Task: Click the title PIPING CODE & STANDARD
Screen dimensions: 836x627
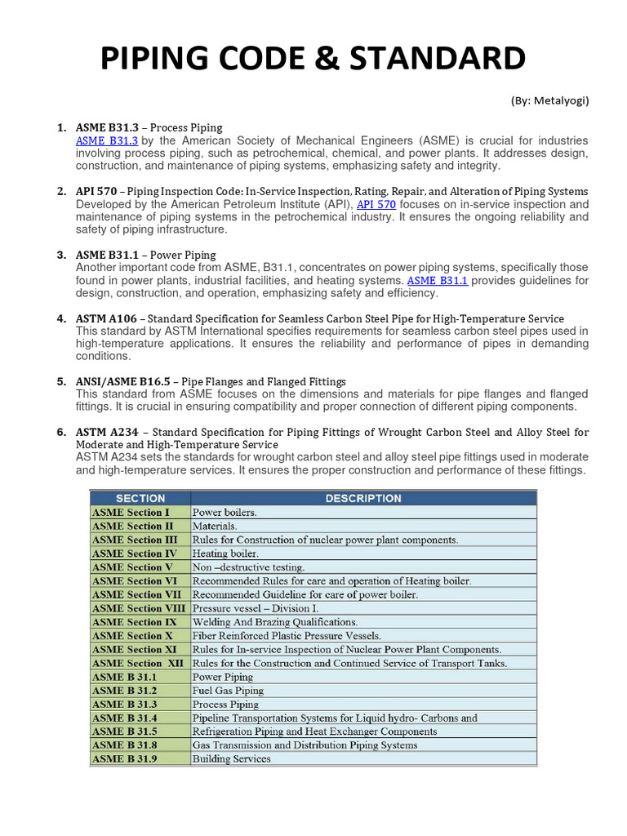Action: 313,60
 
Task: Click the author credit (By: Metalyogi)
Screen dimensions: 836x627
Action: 549,100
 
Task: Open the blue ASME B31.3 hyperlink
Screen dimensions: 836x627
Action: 107,141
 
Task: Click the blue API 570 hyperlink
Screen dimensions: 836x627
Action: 376,204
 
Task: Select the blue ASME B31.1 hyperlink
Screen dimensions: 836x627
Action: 437,280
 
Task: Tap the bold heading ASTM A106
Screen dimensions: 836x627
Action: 107,318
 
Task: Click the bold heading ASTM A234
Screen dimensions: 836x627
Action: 107,432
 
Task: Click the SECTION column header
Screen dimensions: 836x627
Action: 140,498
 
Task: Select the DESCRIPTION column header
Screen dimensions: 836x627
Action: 363,498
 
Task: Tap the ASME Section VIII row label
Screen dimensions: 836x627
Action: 139,608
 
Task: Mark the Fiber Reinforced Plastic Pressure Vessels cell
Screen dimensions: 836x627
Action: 287,636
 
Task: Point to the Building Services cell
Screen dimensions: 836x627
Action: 231,759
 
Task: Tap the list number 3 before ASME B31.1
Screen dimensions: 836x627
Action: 60,255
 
